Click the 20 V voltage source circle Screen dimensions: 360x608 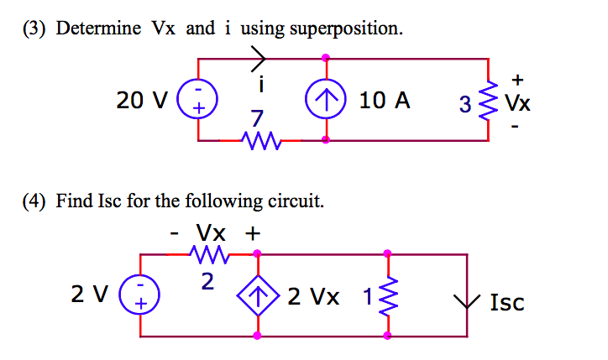[x=199, y=101]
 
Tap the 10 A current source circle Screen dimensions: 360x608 [x=325, y=101]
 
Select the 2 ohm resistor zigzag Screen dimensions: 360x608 [x=207, y=253]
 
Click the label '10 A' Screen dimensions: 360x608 [x=385, y=102]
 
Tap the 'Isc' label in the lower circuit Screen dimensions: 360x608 [x=506, y=302]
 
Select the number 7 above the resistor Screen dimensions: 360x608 [x=257, y=118]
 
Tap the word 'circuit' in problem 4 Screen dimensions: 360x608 [x=296, y=201]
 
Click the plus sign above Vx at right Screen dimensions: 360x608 [x=517, y=81]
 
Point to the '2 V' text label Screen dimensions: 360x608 [x=90, y=295]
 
